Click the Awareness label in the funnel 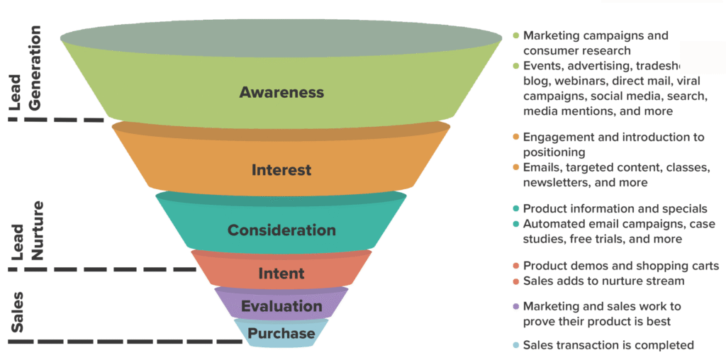(x=281, y=92)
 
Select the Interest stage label (x=281, y=170)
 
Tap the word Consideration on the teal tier (x=281, y=230)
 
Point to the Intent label (x=281, y=273)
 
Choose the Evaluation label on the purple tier (x=281, y=306)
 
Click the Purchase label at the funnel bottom (x=281, y=333)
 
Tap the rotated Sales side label (x=17, y=312)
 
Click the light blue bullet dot (x=515, y=345)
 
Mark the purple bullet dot (x=515, y=306)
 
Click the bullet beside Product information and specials (x=515, y=208)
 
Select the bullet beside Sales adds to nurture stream (x=515, y=281)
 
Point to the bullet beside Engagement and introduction (x=515, y=137)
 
